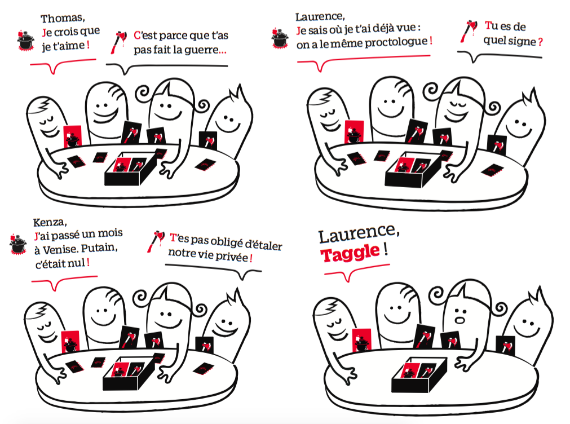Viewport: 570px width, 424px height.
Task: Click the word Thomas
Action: tap(63, 18)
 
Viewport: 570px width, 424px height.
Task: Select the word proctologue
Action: tap(396, 42)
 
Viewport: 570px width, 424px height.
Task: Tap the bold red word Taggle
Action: tap(350, 253)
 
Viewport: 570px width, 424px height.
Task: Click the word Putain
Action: tap(99, 248)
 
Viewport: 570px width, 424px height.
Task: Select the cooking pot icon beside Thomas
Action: tap(25, 41)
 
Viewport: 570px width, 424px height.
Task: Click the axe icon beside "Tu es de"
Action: tap(469, 31)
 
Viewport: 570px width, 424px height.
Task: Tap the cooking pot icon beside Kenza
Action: tap(18, 244)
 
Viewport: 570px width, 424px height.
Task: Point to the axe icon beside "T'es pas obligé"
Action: tap(155, 241)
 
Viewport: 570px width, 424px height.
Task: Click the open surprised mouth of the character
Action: tap(460, 320)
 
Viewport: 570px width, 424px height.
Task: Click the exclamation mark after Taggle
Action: tap(385, 249)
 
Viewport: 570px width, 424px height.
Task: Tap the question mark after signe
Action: tap(540, 42)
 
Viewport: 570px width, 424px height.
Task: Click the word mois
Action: tap(110, 233)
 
